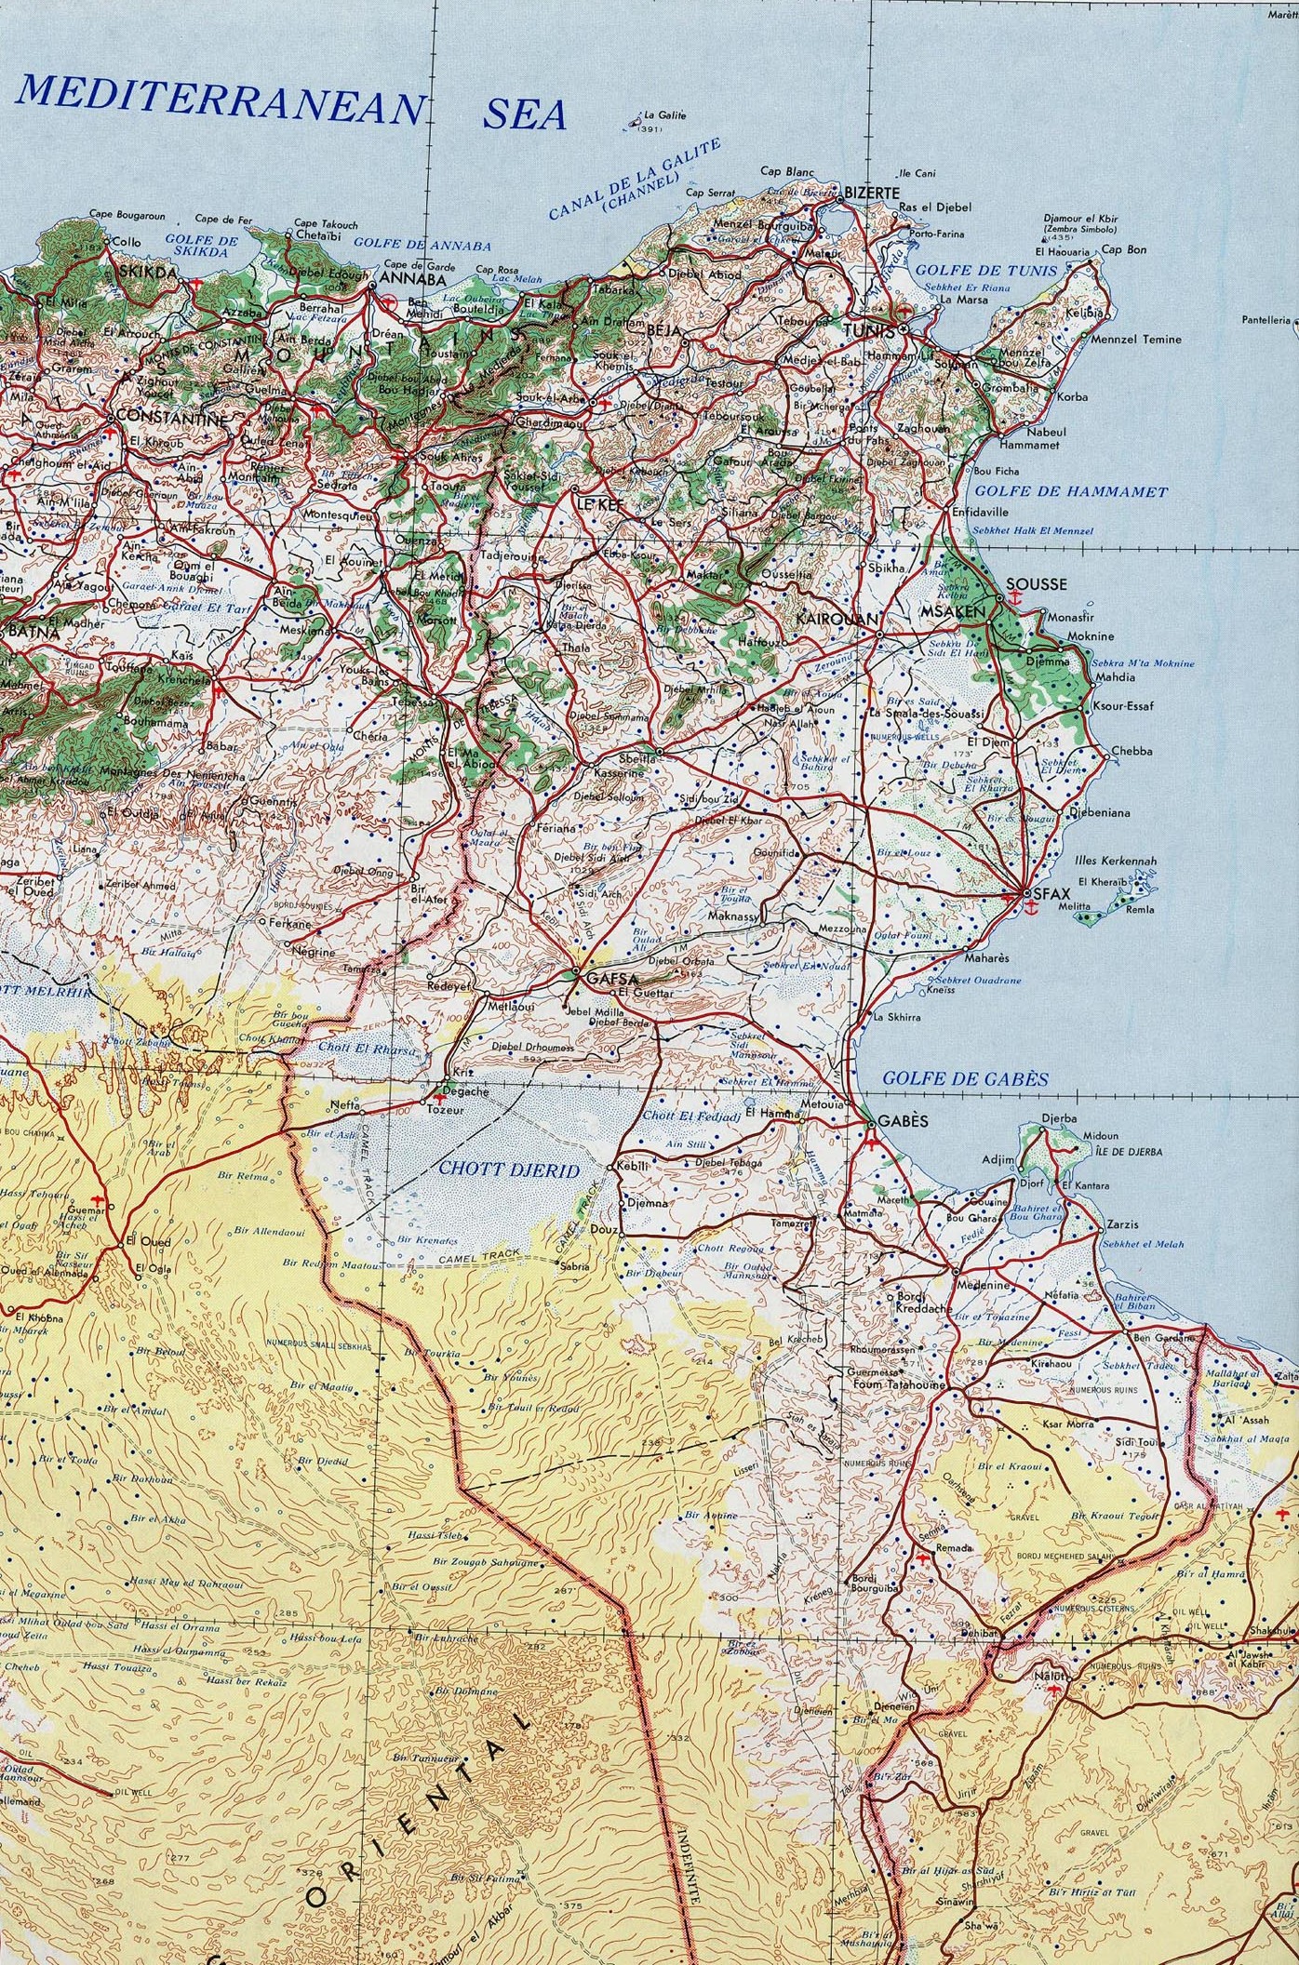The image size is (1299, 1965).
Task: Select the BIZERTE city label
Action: [874, 191]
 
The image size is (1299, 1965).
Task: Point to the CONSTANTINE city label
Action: [169, 419]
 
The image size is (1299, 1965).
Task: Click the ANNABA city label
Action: [413, 278]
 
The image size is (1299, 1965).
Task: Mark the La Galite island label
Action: [664, 116]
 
